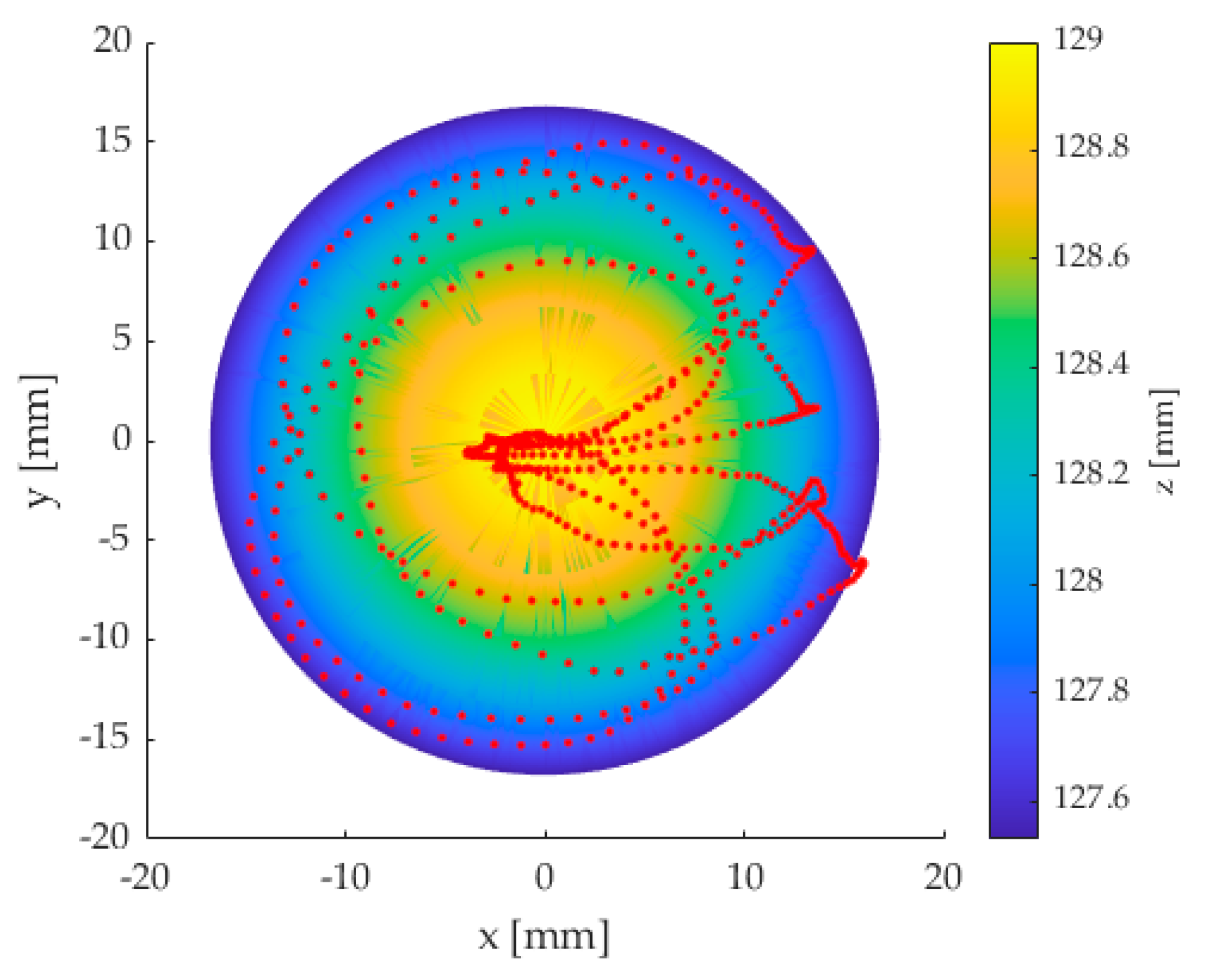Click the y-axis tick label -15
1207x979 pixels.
tap(105, 738)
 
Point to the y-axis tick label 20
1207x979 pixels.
tap(113, 41)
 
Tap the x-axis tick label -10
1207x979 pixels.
tap(344, 878)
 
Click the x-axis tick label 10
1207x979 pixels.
tap(745, 878)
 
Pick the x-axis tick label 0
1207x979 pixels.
tap(545, 878)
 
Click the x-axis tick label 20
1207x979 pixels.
tap(943, 878)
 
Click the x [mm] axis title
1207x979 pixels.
tap(543, 937)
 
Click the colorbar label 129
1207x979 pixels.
tap(1078, 39)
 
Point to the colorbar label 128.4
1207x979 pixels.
tap(1091, 364)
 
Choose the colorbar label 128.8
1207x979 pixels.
tap(1091, 147)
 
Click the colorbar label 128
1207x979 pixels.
tap(1078, 581)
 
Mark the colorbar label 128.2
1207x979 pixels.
tap(1091, 473)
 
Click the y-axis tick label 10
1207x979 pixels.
tap(113, 239)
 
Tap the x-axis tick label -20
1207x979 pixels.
tap(145, 878)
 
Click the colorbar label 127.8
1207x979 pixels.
tap(1091, 690)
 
